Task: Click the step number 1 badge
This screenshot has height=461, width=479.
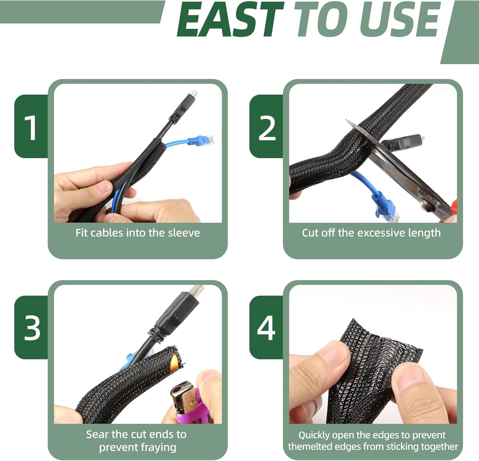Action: (x=31, y=127)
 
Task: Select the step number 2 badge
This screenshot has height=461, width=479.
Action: (x=267, y=127)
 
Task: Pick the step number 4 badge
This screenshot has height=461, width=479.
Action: (x=266, y=327)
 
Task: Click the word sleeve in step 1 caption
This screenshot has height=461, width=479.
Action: (x=184, y=233)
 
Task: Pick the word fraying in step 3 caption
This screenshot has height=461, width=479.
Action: (x=158, y=448)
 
